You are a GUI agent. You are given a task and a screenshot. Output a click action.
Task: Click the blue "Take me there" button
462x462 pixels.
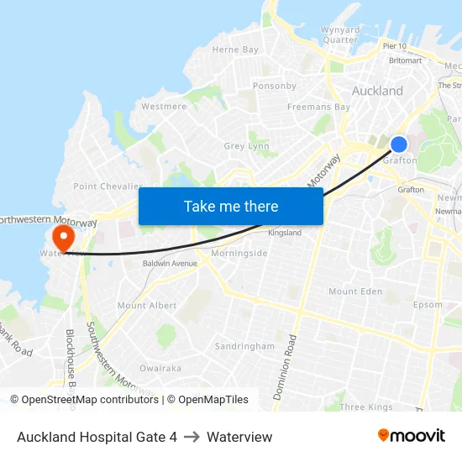click(231, 206)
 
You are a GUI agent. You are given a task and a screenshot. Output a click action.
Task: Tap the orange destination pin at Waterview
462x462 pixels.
click(62, 234)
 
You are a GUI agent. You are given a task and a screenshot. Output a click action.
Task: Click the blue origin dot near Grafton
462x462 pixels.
click(399, 144)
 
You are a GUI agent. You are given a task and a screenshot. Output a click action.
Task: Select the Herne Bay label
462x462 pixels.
click(235, 50)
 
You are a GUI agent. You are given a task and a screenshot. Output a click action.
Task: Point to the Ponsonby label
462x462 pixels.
click(275, 86)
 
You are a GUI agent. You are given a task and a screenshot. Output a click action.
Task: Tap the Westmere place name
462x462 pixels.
click(164, 107)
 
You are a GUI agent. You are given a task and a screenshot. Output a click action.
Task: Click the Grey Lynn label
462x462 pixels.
click(246, 146)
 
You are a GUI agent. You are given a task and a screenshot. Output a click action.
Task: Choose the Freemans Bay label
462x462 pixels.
click(318, 108)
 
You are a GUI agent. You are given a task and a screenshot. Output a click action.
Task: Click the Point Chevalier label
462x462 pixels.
click(108, 186)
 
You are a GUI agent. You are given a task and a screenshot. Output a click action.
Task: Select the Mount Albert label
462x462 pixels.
click(147, 306)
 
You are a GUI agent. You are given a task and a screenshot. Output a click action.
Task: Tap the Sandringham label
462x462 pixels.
click(244, 346)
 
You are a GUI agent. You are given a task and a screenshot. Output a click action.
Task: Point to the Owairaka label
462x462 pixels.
click(160, 368)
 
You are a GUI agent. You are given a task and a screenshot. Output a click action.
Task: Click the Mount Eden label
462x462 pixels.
click(355, 291)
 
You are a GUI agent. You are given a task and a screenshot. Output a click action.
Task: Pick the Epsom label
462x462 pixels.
click(428, 305)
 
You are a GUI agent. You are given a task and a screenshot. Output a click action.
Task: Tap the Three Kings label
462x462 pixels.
click(366, 407)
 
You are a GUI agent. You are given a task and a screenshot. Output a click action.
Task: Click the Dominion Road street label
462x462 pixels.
click(286, 366)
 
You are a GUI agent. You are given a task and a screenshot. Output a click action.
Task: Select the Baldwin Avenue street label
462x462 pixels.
click(170, 264)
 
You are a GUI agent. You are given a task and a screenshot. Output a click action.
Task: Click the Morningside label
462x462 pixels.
click(239, 253)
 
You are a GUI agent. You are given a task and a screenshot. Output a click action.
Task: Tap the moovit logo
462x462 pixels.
click(412, 436)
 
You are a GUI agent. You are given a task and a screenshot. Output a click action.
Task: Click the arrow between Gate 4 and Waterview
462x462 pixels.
click(192, 437)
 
